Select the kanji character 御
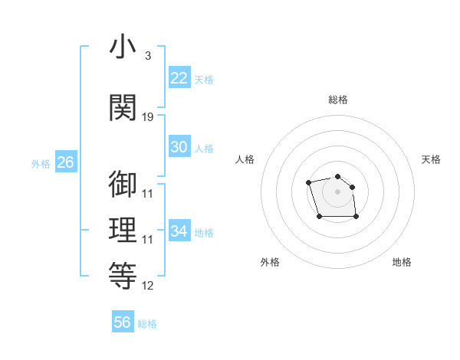[x=123, y=184]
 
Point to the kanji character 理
[x=123, y=231]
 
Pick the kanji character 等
[x=123, y=277]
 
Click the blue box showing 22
[x=179, y=77]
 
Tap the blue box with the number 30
[x=179, y=147]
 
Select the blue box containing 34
[x=179, y=231]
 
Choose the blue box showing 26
[x=65, y=162]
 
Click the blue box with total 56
[x=123, y=322]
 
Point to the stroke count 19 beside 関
[x=148, y=117]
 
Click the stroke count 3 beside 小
[x=147, y=56]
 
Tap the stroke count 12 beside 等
[x=148, y=286]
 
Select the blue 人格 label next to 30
[x=204, y=148]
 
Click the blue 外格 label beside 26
[x=41, y=163]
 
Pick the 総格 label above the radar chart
[x=338, y=100]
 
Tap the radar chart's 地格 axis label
[x=402, y=262]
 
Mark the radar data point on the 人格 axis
[x=308, y=182]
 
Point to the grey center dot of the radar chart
[x=338, y=191]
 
